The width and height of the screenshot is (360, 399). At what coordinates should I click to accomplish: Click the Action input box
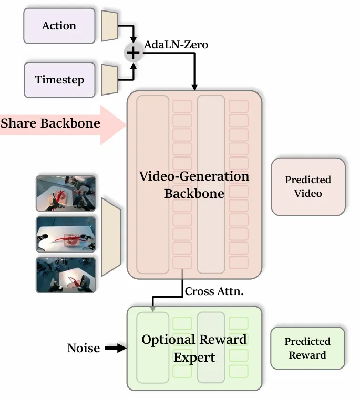tap(59, 26)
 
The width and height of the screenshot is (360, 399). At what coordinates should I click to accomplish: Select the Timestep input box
tap(59, 80)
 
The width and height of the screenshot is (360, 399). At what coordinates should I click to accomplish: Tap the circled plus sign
tap(133, 52)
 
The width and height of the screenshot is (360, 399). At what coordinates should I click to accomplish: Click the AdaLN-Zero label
tap(176, 45)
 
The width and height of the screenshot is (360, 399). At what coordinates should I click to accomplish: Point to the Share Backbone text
tap(50, 123)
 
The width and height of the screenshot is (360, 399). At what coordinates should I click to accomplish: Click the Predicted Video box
tap(308, 186)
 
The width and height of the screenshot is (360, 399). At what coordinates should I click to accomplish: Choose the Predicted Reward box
tap(307, 348)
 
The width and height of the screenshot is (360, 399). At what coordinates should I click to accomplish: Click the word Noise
tap(84, 348)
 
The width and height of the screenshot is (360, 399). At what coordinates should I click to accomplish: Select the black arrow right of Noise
tap(116, 348)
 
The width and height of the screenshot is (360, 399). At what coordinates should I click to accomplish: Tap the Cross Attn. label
tap(214, 291)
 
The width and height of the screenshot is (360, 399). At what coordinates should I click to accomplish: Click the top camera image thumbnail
tap(66, 193)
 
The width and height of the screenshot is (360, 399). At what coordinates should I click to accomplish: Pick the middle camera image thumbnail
tap(66, 234)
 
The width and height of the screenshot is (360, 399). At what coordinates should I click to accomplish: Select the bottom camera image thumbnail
tap(66, 275)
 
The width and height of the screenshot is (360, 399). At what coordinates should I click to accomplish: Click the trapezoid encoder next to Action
tap(110, 26)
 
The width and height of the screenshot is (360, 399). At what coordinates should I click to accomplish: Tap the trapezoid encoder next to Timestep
tap(110, 80)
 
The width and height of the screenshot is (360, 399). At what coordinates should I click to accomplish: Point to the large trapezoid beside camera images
tap(111, 237)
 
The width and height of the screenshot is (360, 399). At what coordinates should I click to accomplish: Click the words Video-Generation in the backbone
tap(194, 176)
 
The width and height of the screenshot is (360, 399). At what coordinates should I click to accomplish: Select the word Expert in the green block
tap(194, 358)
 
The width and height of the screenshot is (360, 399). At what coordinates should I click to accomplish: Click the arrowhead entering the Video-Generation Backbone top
tap(194, 87)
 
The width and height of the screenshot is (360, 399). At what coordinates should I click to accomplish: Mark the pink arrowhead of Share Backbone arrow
tap(114, 125)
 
